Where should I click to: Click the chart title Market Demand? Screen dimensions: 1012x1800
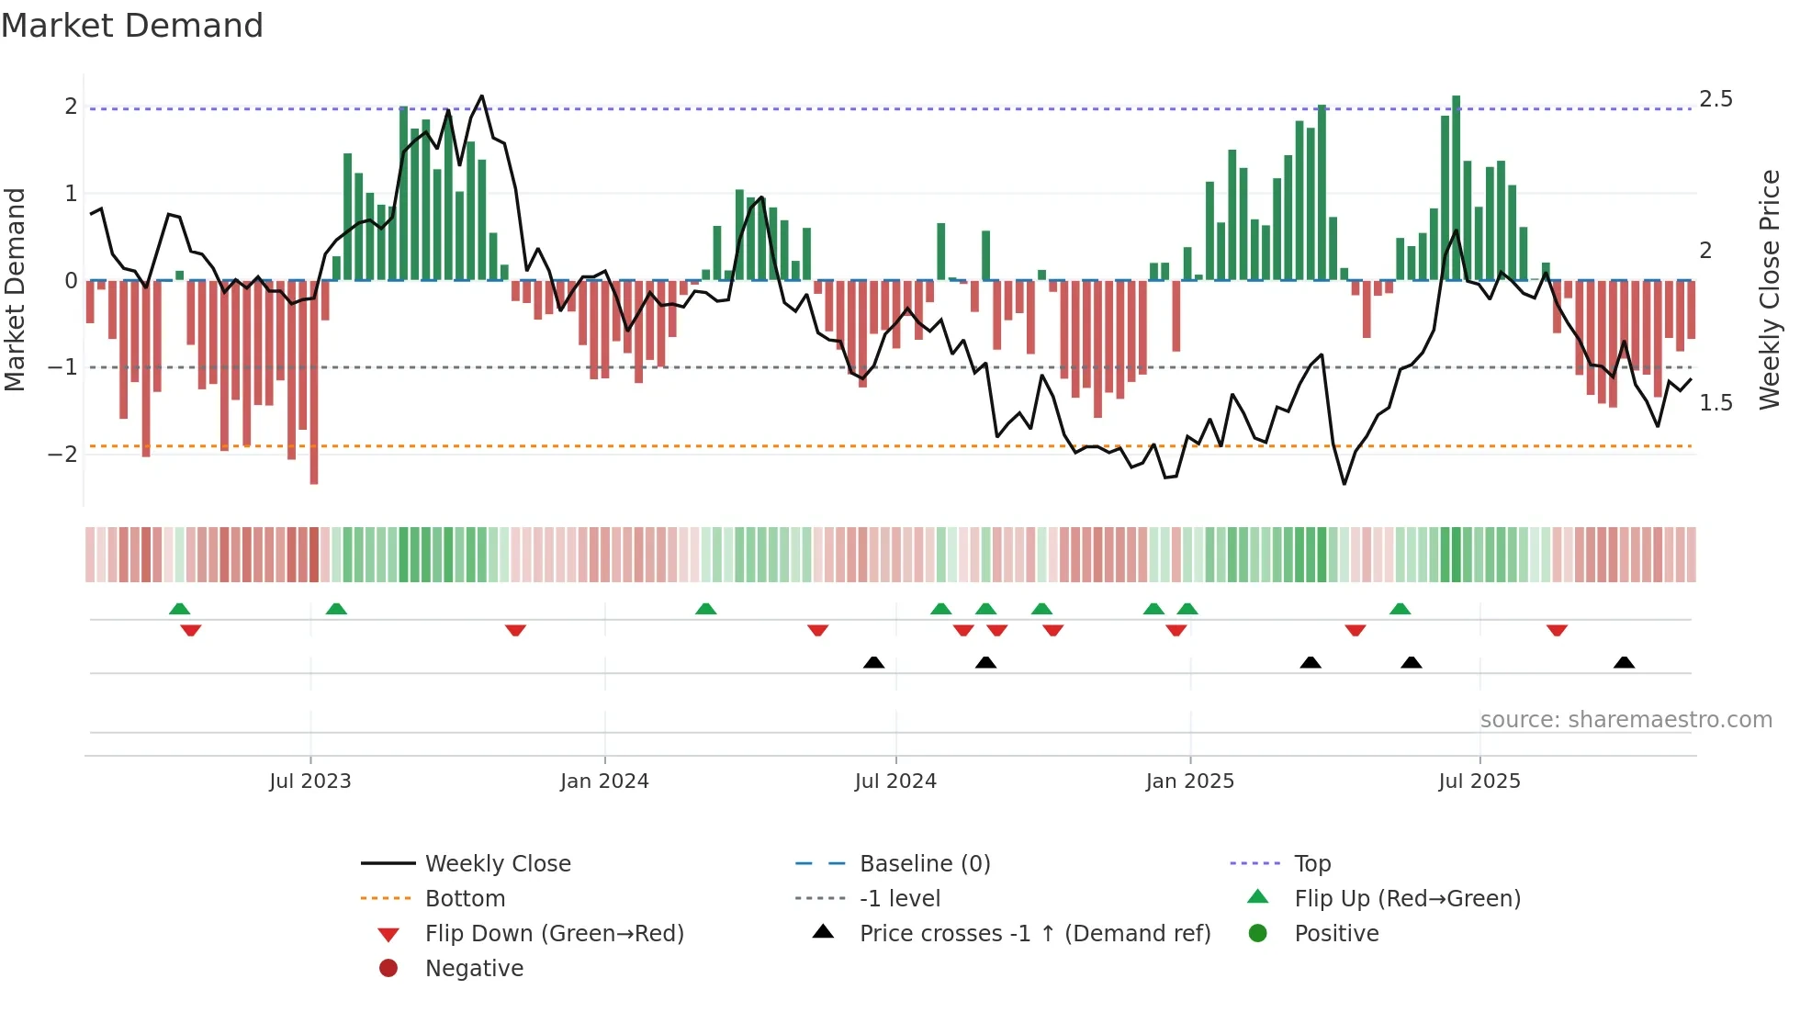(132, 26)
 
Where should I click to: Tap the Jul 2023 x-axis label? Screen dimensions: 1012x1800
(309, 781)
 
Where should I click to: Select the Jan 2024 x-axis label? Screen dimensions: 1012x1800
(604, 781)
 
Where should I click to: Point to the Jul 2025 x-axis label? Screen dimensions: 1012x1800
(1479, 781)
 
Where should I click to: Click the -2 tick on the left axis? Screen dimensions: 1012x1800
(62, 455)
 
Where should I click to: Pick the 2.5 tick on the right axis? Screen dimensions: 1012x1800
(1716, 99)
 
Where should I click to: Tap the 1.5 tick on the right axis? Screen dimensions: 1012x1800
(1716, 403)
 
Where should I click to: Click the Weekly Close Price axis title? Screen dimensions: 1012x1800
(1770, 289)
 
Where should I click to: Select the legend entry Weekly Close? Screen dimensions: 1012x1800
(497, 864)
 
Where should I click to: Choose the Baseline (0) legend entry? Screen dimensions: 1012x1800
(924, 864)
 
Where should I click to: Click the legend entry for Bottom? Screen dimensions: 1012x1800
(465, 899)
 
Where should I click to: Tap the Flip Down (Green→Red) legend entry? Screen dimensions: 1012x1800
(554, 934)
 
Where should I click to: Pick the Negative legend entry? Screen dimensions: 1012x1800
(474, 969)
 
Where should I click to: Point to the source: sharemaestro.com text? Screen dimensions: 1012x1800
(1626, 720)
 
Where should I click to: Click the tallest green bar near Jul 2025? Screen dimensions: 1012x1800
(1456, 188)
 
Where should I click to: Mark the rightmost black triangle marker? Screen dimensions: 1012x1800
(1624, 663)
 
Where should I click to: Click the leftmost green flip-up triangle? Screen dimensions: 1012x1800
(180, 609)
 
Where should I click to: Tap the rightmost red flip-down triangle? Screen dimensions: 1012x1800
(1557, 630)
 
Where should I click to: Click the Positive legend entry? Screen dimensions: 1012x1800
(1336, 934)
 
